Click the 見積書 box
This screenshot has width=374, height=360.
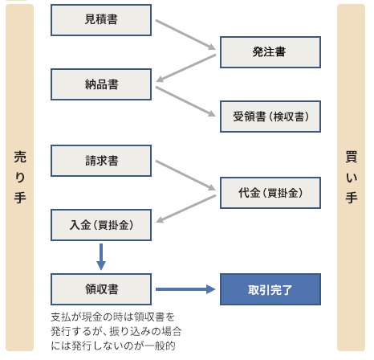click(101, 20)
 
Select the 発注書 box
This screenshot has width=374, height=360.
click(270, 52)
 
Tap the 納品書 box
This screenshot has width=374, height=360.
click(101, 84)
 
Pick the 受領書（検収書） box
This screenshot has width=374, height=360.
click(270, 117)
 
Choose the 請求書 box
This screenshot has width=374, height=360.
click(101, 161)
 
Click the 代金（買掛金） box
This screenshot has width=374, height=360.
click(270, 193)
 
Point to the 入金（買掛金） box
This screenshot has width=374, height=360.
click(101, 225)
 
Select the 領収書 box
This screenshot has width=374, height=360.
click(101, 289)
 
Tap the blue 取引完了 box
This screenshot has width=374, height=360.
click(270, 289)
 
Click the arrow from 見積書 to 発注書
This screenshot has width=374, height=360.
click(185, 35)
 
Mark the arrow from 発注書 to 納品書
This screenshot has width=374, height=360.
click(186, 68)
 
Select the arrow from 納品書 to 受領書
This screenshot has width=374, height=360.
click(185, 101)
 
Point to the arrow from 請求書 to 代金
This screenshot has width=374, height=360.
click(185, 175)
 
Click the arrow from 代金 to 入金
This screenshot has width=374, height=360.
click(186, 209)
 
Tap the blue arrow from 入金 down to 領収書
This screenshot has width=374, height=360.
click(101, 257)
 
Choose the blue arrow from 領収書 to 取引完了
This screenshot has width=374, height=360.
click(185, 289)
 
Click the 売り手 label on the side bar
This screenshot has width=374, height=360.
click(20, 177)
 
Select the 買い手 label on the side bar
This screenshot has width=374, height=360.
click(352, 177)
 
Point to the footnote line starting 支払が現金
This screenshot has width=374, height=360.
click(112, 317)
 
